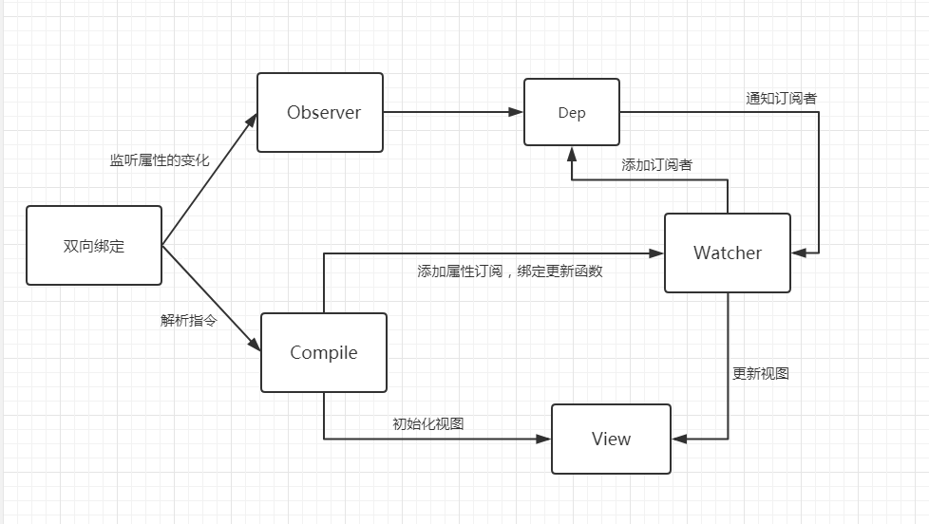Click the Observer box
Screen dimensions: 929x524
pos(320,113)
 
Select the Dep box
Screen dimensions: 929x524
pos(572,112)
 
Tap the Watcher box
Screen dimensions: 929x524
pos(728,253)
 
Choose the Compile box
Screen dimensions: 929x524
pos(324,352)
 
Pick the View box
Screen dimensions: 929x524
pos(612,439)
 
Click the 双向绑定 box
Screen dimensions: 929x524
pos(94,245)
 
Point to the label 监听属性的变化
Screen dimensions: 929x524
pos(160,159)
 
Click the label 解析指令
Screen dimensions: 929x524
pos(188,320)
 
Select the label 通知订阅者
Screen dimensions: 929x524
pos(782,99)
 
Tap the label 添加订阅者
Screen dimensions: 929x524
pos(657,164)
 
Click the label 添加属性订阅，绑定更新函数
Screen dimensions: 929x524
pos(510,271)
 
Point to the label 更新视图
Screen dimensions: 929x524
pos(761,374)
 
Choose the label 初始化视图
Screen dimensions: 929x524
pos(428,424)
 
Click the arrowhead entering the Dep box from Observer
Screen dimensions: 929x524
pos(516,112)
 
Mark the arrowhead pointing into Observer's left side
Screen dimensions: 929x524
pos(253,120)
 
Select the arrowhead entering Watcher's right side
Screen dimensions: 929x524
pos(799,253)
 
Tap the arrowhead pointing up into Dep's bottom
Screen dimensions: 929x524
pos(572,154)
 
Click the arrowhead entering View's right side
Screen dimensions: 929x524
pos(679,439)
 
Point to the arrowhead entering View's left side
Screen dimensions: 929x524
pos(543,439)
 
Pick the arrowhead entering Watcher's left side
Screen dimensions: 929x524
pos(656,253)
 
